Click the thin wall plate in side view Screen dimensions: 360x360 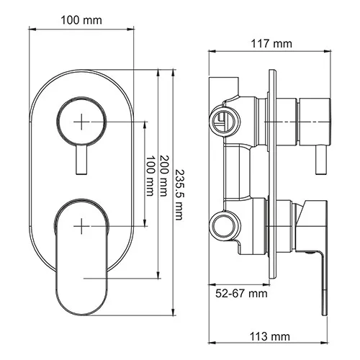[271, 180]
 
